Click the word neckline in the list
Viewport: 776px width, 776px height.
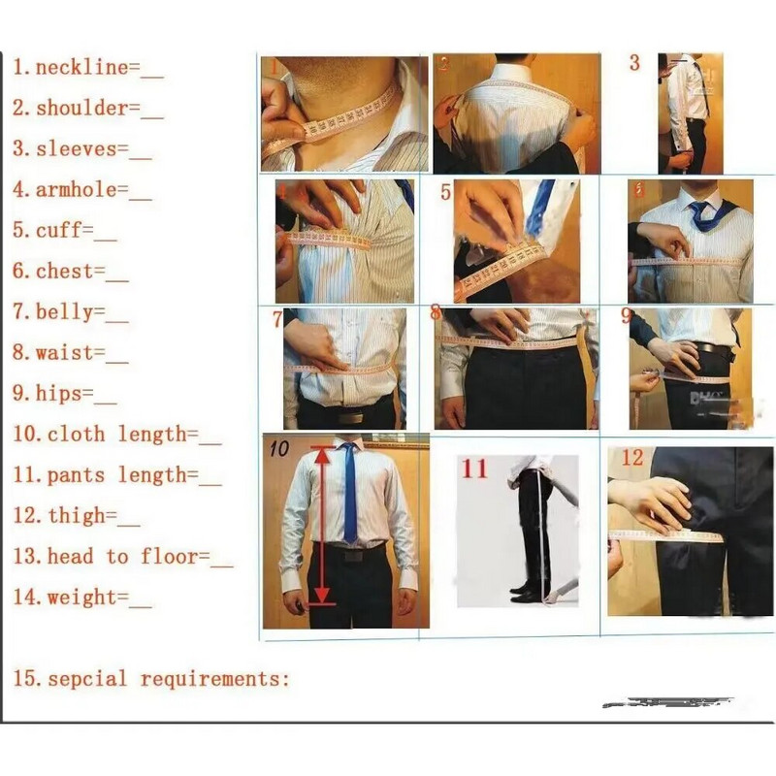tap(81, 68)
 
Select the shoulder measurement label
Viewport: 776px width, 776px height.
tap(82, 109)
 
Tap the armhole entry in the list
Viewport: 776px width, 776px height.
tap(76, 190)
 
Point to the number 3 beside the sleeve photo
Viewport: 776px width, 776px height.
tap(634, 63)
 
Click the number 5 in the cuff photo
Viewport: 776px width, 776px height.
tap(445, 192)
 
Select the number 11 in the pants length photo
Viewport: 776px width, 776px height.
tap(473, 469)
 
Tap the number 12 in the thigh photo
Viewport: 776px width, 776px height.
tap(631, 457)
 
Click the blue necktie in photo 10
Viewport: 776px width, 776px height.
tap(349, 495)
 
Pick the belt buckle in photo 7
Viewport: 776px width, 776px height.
tap(349, 415)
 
